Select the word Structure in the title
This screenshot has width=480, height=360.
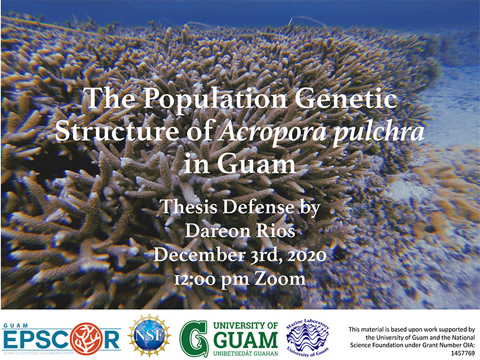(x=117, y=131)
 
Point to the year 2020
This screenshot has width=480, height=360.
(x=307, y=256)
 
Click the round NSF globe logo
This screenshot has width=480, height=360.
(x=149, y=336)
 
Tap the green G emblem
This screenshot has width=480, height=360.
(x=194, y=338)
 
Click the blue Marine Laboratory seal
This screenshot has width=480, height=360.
(x=308, y=338)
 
